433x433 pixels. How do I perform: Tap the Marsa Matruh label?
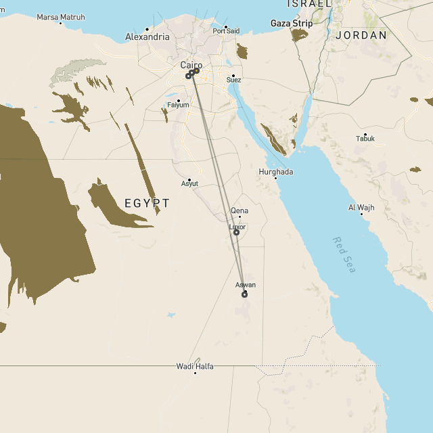point(61,17)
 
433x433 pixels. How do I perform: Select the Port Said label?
point(226,31)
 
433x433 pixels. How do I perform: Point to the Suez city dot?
point(233,76)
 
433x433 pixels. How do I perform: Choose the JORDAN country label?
point(361,35)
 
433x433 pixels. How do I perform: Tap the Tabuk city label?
point(365,139)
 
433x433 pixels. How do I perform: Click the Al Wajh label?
point(361,207)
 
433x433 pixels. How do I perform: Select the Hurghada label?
point(276,172)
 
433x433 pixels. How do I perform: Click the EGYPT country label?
point(147,203)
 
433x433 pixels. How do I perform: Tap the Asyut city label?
point(190,183)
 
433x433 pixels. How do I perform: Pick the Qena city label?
point(240,211)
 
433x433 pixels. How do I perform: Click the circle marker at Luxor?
point(236,232)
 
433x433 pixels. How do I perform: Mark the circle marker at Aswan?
point(244,294)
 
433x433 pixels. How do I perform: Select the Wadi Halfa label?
point(195,366)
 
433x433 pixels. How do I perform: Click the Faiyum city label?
point(179,105)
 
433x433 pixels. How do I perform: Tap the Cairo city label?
point(191,65)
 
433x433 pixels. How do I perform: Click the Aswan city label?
point(246,285)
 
